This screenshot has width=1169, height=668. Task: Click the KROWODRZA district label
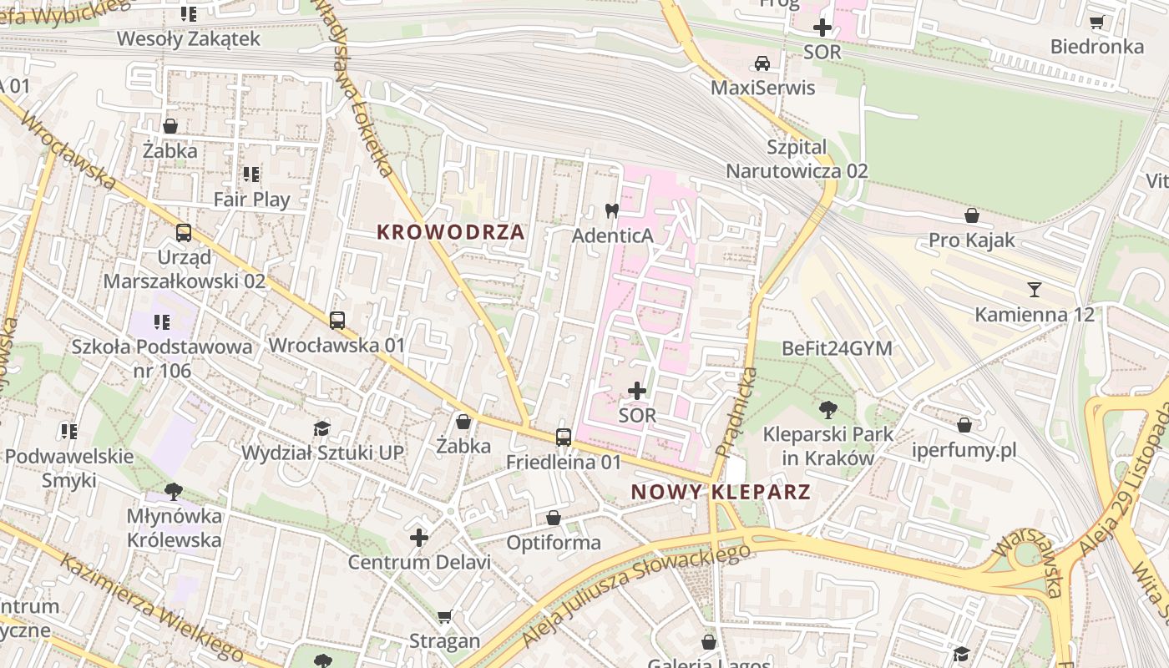point(451,232)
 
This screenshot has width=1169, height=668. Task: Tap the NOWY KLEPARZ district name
point(721,492)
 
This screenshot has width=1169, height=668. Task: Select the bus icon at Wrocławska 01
point(337,320)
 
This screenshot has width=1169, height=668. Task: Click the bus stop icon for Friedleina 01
point(564,437)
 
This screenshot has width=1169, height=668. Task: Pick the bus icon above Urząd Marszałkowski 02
point(184,233)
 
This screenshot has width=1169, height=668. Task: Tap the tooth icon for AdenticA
point(611,211)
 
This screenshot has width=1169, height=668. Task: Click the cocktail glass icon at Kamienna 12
point(1035,290)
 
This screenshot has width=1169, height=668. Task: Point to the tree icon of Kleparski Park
point(827,409)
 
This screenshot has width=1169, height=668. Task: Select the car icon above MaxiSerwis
point(762,63)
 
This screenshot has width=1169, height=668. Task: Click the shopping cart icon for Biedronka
point(1096,23)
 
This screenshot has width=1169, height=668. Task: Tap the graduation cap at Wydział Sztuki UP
point(321,428)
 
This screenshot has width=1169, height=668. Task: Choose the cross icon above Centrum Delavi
point(419,538)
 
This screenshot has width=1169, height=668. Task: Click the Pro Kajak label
point(972,240)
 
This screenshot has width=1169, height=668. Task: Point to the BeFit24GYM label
point(837,348)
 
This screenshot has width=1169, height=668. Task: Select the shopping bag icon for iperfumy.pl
point(964,425)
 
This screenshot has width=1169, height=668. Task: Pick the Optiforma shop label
point(554,543)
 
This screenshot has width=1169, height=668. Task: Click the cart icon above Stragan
point(445,616)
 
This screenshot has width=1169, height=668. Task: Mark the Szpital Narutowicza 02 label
point(797,159)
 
